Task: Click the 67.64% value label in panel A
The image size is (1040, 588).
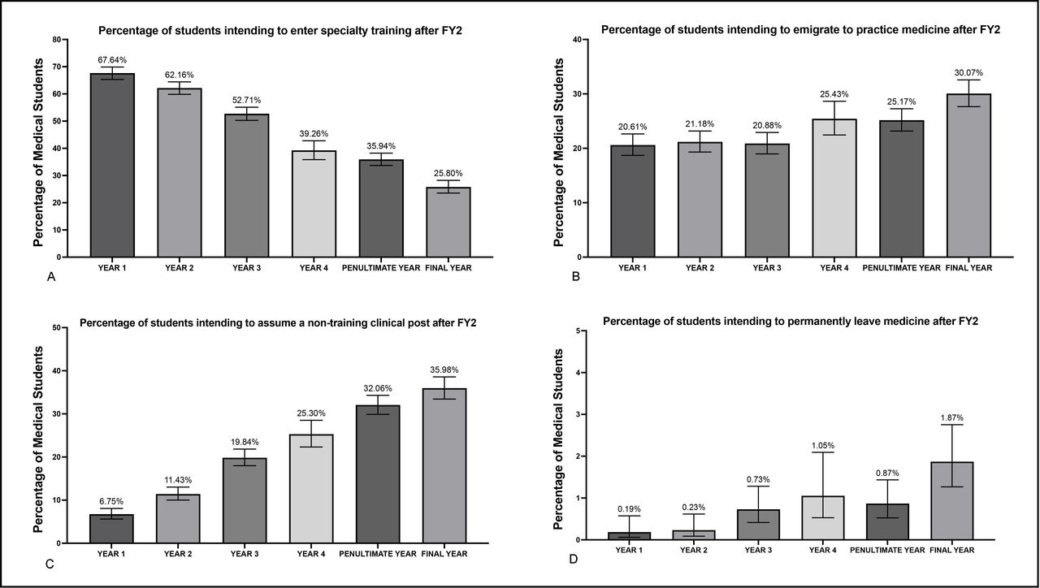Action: point(112,59)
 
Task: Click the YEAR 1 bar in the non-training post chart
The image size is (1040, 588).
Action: point(112,528)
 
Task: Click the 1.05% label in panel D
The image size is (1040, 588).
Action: point(824,445)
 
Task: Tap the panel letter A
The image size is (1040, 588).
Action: point(51,278)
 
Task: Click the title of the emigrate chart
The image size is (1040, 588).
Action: point(800,30)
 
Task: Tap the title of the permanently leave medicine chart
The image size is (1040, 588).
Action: point(791,322)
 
